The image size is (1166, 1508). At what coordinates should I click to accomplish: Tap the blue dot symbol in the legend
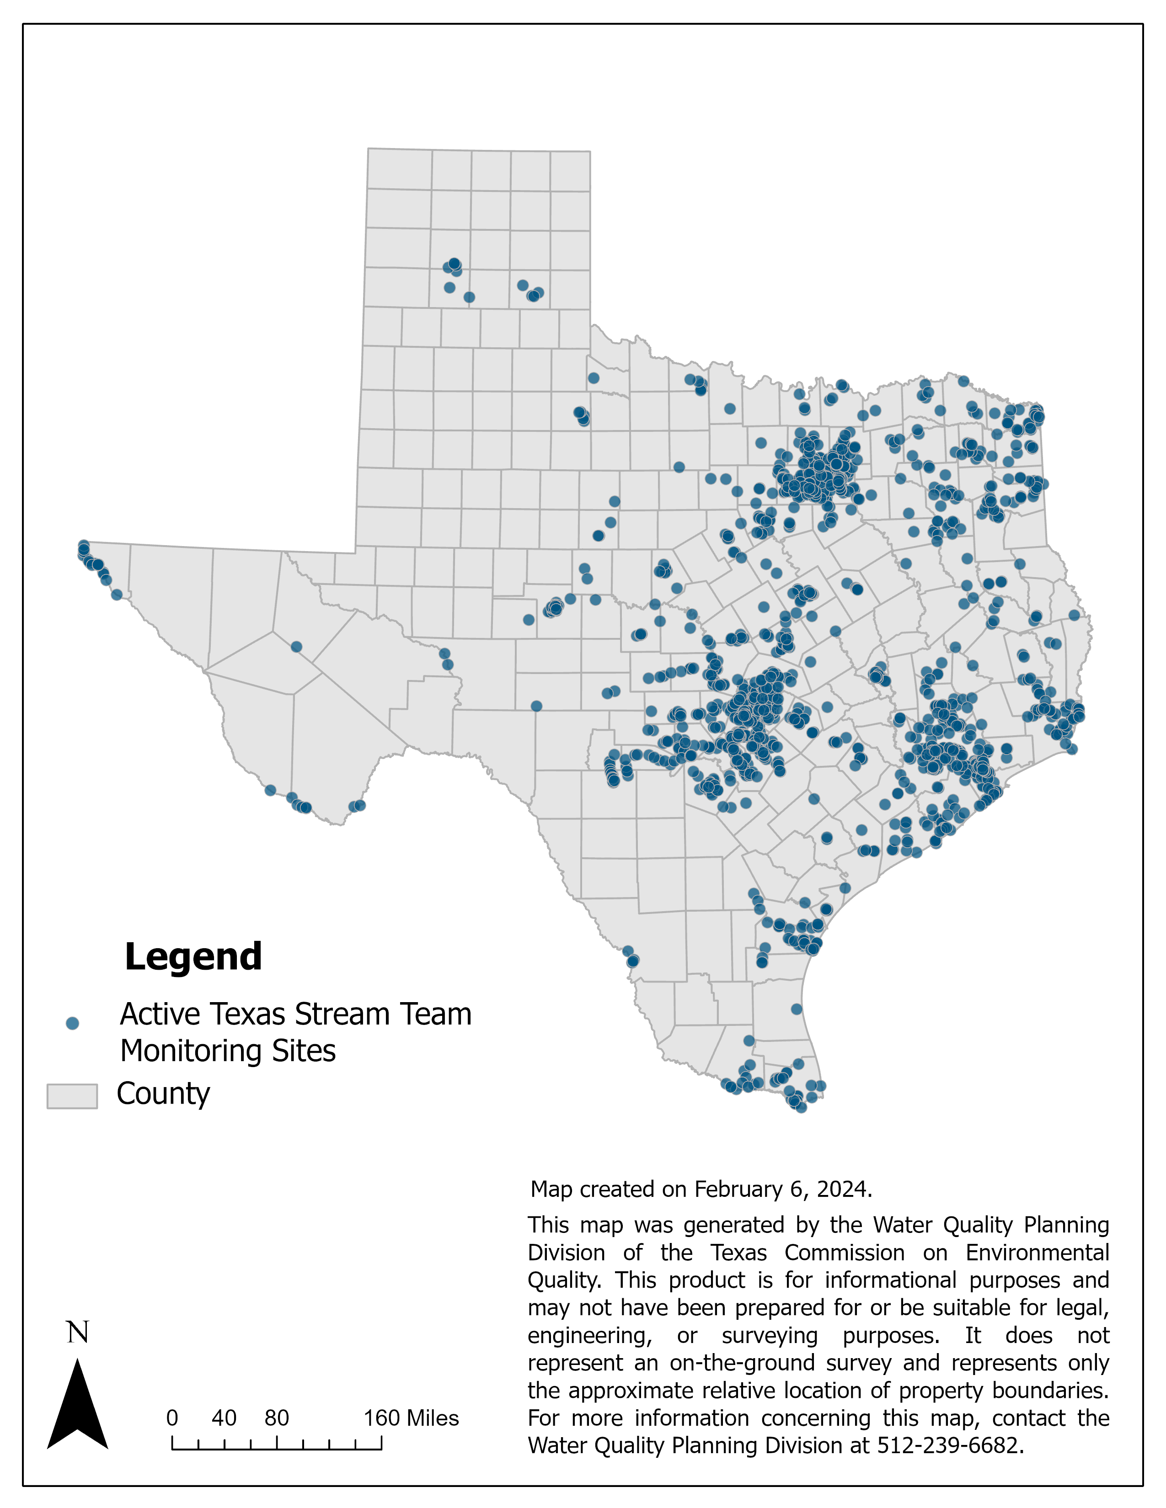(x=72, y=1023)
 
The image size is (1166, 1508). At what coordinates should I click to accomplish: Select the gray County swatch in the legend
(x=72, y=1096)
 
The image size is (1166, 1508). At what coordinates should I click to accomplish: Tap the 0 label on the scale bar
(x=172, y=1418)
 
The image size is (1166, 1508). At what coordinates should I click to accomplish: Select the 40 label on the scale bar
(x=224, y=1418)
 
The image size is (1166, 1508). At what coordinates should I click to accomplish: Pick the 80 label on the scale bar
(x=276, y=1418)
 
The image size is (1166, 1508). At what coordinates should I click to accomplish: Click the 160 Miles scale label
(x=411, y=1418)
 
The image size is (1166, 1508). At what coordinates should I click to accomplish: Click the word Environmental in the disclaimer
(x=1037, y=1253)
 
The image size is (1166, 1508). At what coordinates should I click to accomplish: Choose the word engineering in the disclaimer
(x=589, y=1335)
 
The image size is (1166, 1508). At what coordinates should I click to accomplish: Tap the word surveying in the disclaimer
(x=770, y=1335)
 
